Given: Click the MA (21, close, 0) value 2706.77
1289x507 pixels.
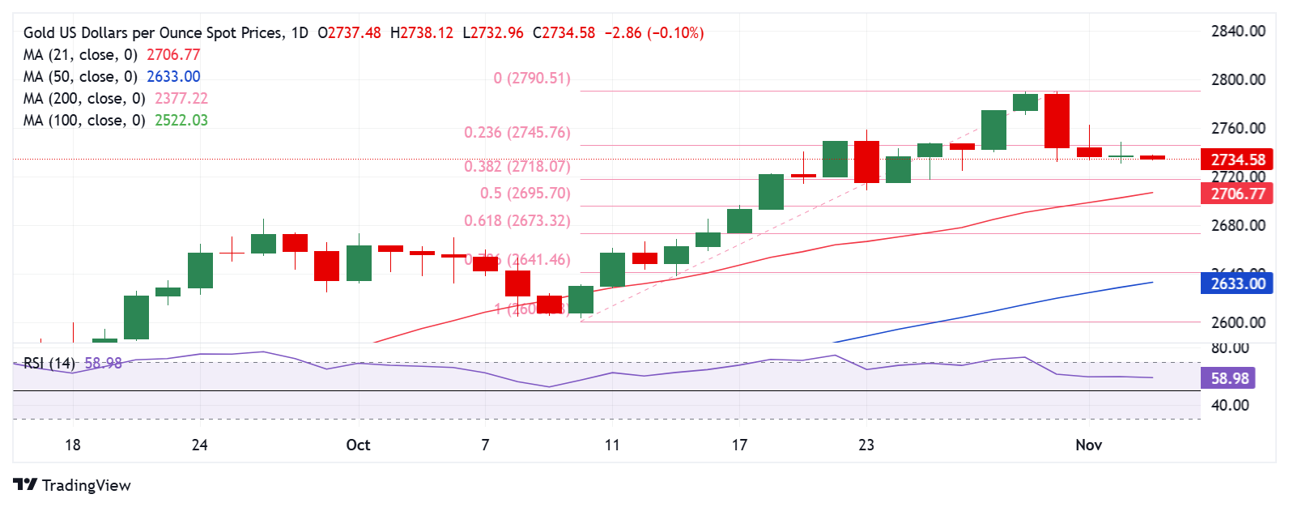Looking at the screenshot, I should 173,55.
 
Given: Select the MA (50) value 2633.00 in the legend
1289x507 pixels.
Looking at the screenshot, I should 173,77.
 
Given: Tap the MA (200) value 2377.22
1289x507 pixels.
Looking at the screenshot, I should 181,99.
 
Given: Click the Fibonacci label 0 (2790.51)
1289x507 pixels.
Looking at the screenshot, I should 532,79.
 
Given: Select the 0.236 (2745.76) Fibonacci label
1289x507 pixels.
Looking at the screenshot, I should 517,133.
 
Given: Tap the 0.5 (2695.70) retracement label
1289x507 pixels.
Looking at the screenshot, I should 525,194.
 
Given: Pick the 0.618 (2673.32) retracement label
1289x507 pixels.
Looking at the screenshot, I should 517,221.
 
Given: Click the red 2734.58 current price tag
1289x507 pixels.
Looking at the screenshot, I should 1237,160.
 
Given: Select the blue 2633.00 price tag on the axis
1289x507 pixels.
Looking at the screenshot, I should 1237,283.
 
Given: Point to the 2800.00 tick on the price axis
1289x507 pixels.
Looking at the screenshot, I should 1238,79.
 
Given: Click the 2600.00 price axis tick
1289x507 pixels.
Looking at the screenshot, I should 1238,322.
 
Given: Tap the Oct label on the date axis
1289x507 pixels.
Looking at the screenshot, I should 358,445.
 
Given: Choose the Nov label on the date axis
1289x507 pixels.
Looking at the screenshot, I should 1088,445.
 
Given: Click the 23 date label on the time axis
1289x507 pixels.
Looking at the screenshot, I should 866,445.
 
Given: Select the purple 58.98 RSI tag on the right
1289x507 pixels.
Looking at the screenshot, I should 1230,378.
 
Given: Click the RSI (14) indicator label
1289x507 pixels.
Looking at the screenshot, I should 49,364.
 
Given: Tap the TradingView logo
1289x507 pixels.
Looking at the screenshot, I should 72,485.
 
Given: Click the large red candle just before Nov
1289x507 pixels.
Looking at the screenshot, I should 1057,121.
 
